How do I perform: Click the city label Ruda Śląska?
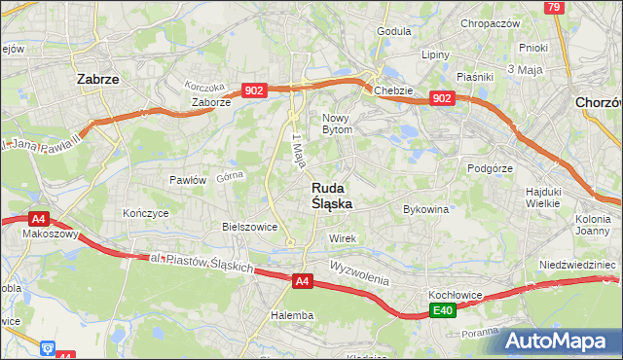tap(332, 196)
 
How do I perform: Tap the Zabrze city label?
tap(97, 81)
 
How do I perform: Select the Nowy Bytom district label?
tap(344, 123)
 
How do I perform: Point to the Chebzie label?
tap(393, 91)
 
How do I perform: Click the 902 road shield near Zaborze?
tap(254, 90)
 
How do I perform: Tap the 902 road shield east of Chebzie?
tap(441, 98)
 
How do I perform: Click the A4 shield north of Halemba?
tap(303, 281)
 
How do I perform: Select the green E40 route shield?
tap(443, 310)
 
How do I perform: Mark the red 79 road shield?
tap(555, 7)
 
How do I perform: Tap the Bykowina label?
tap(425, 209)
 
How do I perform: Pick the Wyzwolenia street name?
tap(358, 271)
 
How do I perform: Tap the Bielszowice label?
tap(250, 226)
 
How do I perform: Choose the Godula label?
tap(394, 31)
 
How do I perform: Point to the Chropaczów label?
tap(492, 23)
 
